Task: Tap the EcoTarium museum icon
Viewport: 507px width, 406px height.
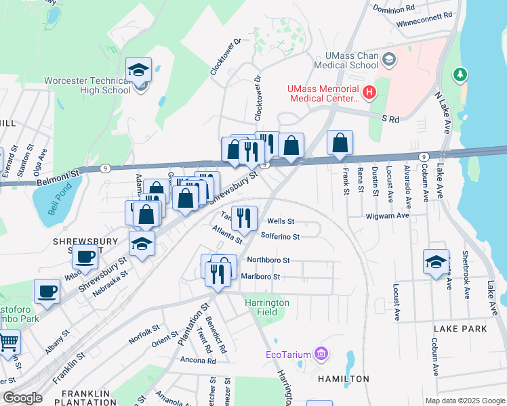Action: pos(321,354)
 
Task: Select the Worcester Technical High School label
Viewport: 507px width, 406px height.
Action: pos(87,85)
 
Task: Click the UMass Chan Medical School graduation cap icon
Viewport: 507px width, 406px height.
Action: pos(389,60)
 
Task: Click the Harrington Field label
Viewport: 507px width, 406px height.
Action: pos(267,307)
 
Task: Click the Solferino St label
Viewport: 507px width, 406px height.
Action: pos(280,237)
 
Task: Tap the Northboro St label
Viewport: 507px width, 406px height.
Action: pos(268,260)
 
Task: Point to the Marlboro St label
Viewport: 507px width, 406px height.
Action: pos(260,277)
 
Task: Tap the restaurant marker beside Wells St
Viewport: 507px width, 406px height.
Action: pos(243,217)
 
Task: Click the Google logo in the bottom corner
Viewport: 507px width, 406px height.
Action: pos(22,398)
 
